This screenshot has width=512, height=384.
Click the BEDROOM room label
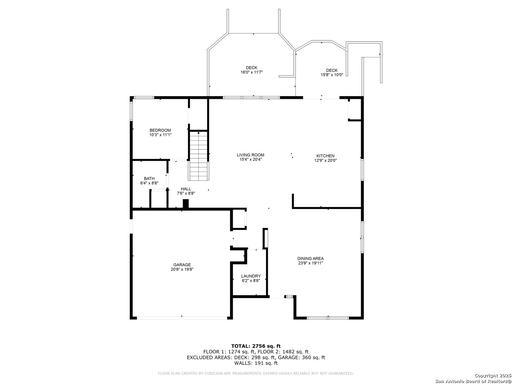tap(160, 130)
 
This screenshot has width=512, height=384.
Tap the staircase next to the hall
tap(198, 156)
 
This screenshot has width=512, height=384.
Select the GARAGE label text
tap(182, 265)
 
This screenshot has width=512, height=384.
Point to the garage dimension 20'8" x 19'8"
tap(182, 269)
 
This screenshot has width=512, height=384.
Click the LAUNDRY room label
tap(251, 276)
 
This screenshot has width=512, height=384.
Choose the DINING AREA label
tap(310, 258)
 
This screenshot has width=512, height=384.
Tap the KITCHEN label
tap(325, 156)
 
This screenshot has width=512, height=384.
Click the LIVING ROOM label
tap(250, 155)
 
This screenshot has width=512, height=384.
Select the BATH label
tap(149, 178)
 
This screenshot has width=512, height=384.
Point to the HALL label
tap(186, 189)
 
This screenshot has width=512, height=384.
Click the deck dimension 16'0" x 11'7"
tap(251, 72)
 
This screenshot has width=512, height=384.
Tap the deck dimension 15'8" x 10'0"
tap(332, 75)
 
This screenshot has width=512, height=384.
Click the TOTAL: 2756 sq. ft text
tap(256, 346)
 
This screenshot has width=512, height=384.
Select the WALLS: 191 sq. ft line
tap(256, 363)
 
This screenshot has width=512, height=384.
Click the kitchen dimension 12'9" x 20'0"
tap(325, 160)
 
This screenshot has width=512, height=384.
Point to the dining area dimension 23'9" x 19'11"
tap(310, 263)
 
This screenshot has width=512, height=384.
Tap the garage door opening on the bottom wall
tap(182, 318)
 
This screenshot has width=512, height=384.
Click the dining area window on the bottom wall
tap(328, 318)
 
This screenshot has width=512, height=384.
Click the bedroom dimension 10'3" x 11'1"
tap(160, 135)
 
